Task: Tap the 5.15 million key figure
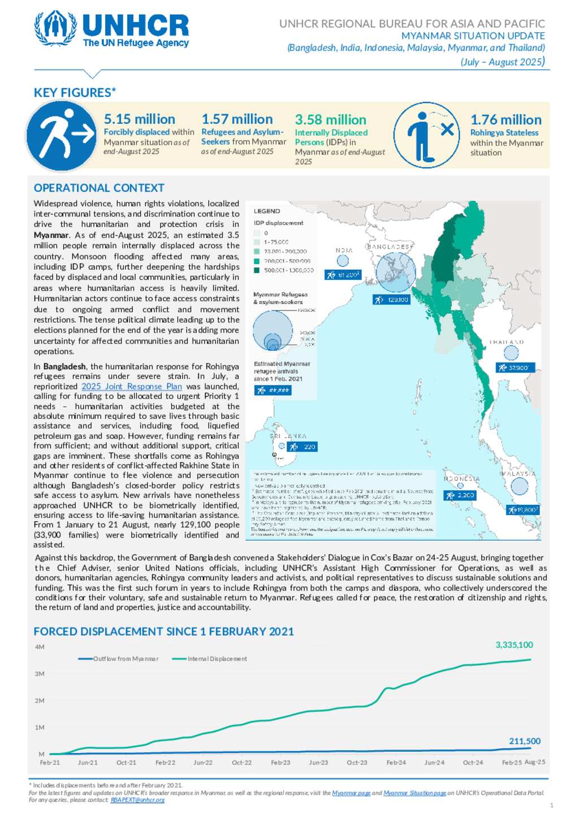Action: (140, 119)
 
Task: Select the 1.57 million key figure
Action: (237, 119)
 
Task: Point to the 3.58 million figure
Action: (330, 120)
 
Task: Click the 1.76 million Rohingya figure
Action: (506, 120)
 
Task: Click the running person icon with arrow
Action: (61, 136)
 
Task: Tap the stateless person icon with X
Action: (428, 135)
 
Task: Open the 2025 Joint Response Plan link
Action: (132, 387)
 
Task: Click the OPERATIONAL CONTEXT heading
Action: (99, 188)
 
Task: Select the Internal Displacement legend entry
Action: (217, 659)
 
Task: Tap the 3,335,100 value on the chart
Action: (514, 645)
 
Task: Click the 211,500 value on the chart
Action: (525, 741)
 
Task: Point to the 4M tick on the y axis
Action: (40, 647)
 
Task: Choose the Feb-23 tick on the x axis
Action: (280, 763)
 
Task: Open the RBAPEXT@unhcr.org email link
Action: (137, 800)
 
